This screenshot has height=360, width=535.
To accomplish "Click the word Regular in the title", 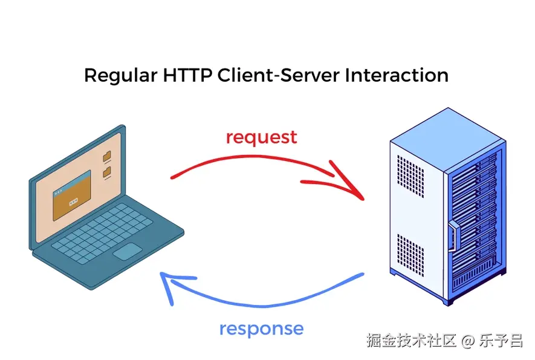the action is point(121,76).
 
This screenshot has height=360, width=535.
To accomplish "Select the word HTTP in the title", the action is point(187,75).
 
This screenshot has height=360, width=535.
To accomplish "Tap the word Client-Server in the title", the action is point(279,75).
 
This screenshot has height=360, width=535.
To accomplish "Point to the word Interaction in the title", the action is point(397,75).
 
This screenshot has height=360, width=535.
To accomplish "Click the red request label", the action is point(262,138).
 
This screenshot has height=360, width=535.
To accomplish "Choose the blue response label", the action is point(261,329).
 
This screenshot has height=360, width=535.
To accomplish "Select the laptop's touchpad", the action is point(128,251).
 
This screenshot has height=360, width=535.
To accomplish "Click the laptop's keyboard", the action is point(102,232).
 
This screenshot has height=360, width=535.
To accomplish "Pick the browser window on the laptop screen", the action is point(72,195).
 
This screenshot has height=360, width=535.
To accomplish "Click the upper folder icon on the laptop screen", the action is point(107,157).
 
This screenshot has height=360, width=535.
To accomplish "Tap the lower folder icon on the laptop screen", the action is point(107,172).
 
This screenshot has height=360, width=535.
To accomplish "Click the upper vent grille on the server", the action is point(410,176).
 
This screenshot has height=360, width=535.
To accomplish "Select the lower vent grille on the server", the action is point(410,255).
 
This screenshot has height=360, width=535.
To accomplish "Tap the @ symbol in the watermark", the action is point(467,341).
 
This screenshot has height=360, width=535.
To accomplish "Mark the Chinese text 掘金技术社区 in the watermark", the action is point(412,341).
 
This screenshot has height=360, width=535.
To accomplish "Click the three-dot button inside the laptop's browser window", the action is point(73,202).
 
